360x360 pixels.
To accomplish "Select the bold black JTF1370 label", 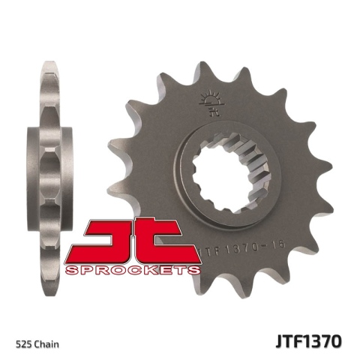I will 310,342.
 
